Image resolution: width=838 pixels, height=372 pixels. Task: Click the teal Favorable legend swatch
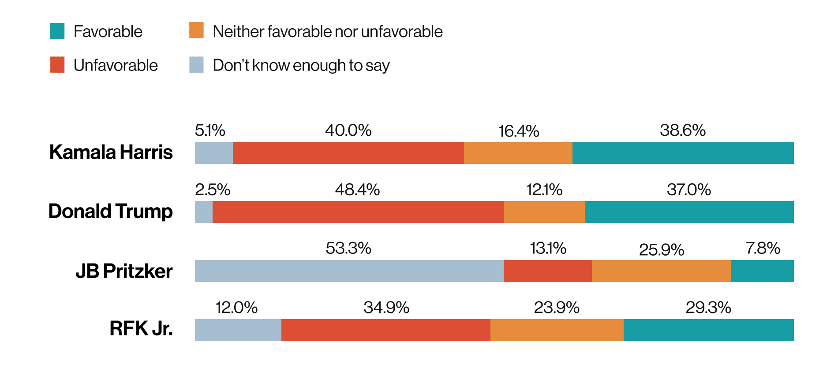(57, 31)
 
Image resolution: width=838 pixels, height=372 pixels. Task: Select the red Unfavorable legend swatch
(57, 65)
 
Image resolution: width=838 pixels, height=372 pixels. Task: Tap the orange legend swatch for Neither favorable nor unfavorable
(196, 30)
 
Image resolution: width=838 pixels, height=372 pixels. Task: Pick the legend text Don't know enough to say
(301, 65)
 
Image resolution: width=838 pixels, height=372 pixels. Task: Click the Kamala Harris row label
(111, 152)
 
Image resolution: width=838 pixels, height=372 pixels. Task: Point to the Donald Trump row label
(110, 211)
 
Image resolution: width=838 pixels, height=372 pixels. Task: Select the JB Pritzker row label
(124, 271)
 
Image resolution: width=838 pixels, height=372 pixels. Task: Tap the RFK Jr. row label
(141, 328)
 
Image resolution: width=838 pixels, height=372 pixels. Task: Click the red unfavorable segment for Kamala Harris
(348, 153)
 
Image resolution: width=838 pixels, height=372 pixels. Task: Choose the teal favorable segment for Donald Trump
(689, 212)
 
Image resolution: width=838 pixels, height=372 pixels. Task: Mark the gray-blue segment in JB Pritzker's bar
(349, 271)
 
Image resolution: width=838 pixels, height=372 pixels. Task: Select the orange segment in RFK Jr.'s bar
(557, 330)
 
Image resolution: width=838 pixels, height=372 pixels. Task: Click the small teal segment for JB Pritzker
(762, 271)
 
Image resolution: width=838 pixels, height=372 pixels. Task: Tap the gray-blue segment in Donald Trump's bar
(204, 212)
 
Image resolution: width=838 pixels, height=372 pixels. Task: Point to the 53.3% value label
(348, 248)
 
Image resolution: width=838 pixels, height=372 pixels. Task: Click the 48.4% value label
(357, 190)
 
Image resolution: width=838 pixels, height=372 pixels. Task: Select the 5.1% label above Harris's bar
(210, 130)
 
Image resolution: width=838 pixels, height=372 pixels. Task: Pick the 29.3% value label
(708, 307)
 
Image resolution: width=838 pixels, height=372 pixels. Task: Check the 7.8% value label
(763, 248)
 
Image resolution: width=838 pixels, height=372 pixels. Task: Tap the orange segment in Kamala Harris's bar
(518, 153)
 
